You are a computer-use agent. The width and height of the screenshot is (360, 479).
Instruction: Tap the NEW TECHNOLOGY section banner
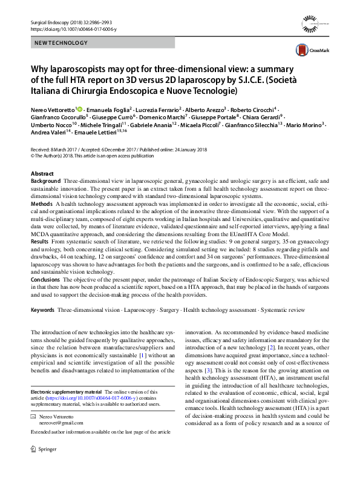coord(60,43)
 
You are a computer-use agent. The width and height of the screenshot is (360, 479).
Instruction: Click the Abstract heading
coord(42,173)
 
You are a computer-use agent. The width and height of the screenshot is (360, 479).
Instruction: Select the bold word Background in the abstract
coord(45,181)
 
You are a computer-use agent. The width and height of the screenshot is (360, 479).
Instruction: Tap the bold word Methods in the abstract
coord(42,204)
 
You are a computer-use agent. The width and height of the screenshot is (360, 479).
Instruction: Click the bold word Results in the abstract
coord(41,242)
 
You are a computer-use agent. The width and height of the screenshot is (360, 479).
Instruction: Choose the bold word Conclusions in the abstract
coord(47,280)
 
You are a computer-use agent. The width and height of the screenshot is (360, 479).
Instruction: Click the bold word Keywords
coord(42,309)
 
